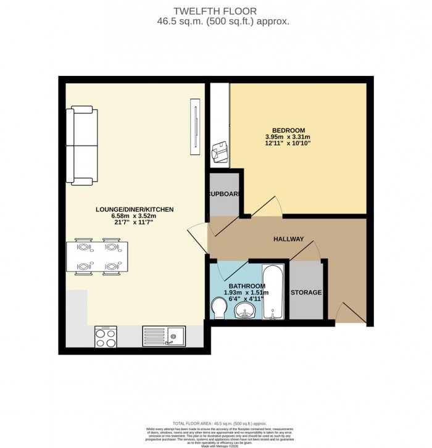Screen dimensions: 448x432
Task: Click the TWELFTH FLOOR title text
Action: click(x=215, y=10)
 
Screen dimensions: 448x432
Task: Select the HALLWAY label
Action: click(x=288, y=239)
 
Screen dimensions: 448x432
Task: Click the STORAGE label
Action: click(x=306, y=292)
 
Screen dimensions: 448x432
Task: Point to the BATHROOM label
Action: click(x=247, y=286)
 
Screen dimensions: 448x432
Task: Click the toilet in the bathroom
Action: click(x=220, y=307)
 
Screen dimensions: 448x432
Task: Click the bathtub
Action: click(x=273, y=292)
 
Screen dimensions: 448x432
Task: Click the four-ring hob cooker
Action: click(x=106, y=336)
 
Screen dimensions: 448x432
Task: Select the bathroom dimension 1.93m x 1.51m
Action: click(x=247, y=293)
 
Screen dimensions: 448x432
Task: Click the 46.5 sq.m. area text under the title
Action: click(x=215, y=21)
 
